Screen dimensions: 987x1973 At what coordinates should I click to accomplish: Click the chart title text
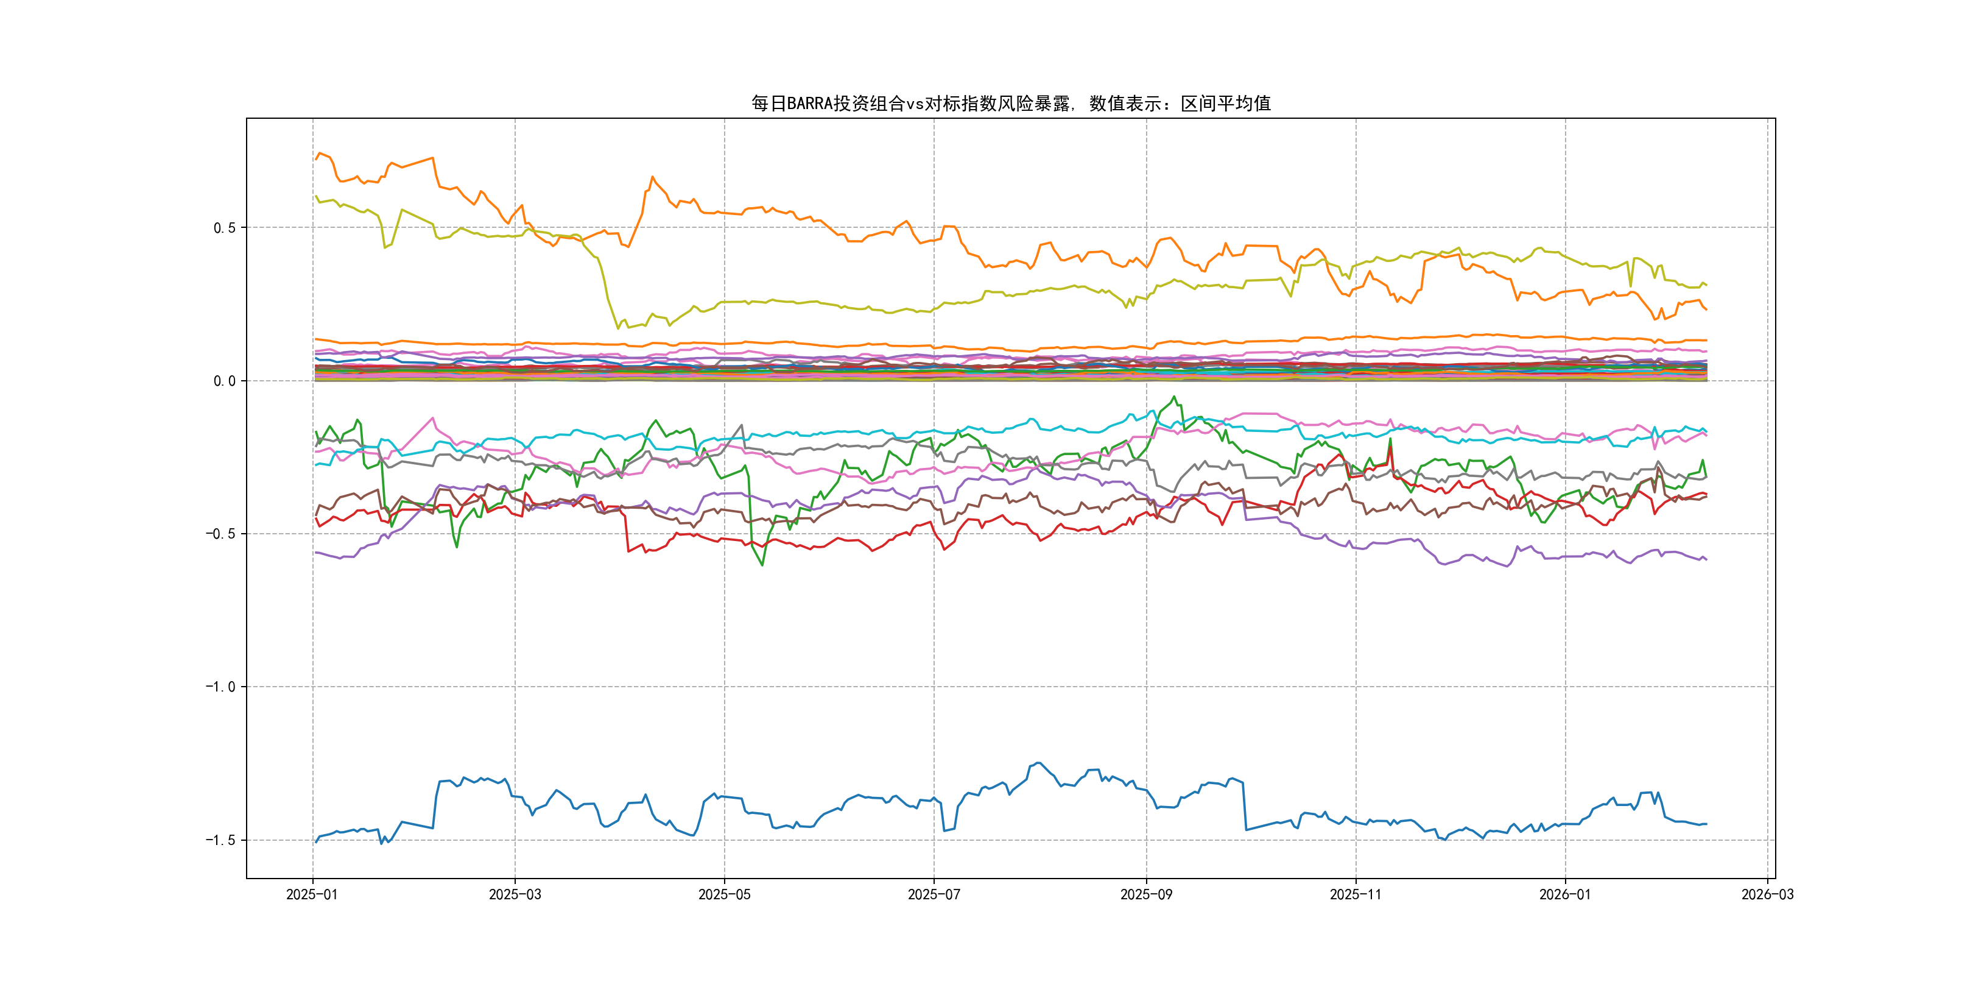[x=1010, y=104]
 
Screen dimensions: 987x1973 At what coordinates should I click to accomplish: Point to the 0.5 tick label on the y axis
[x=225, y=228]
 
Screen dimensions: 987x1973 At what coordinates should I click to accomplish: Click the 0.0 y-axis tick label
[x=225, y=381]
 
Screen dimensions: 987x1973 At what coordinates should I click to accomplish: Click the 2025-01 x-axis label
[x=312, y=894]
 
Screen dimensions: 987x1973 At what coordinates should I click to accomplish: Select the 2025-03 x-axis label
[x=515, y=894]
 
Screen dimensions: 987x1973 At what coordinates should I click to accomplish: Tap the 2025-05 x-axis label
[x=724, y=894]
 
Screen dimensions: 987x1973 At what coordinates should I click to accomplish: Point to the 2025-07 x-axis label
[x=934, y=894]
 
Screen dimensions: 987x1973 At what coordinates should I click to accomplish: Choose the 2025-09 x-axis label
[x=1146, y=894]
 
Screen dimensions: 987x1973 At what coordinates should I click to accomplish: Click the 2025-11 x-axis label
[x=1356, y=894]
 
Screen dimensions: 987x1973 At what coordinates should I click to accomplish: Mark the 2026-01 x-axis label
[x=1565, y=894]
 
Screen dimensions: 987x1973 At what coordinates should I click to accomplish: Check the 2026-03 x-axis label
[x=1767, y=894]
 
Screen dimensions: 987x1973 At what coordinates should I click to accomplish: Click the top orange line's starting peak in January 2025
[x=320, y=154]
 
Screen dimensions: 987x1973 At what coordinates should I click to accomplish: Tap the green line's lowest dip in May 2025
[x=762, y=565]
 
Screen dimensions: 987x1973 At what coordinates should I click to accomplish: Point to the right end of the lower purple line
[x=1706, y=559]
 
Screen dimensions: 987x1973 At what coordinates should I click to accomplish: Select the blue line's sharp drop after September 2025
[x=1245, y=805]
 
